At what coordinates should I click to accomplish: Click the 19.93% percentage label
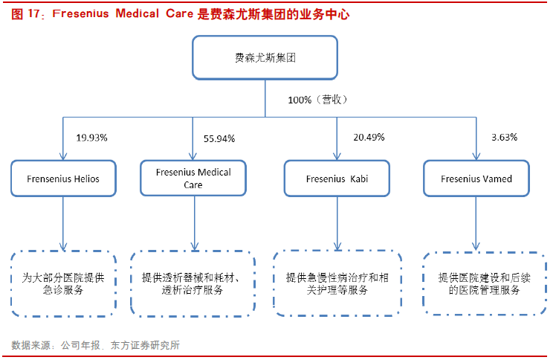pyautogui.click(x=92, y=138)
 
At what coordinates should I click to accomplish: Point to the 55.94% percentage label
pyautogui.click(x=219, y=138)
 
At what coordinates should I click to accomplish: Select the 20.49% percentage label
pyautogui.click(x=369, y=138)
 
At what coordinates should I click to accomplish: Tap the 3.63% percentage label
pyautogui.click(x=504, y=138)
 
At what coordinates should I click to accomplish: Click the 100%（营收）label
pyautogui.click(x=317, y=100)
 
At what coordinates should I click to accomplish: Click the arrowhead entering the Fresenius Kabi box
pyautogui.click(x=337, y=156)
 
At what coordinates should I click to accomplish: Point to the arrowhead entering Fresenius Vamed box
pyautogui.click(x=476, y=156)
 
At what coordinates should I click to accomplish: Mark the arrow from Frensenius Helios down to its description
pyautogui.click(x=63, y=224)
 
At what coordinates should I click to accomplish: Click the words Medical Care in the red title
pyautogui.click(x=155, y=13)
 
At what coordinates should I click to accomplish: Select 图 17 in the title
pyautogui.click(x=25, y=14)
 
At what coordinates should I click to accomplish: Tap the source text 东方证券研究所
pyautogui.click(x=146, y=344)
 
